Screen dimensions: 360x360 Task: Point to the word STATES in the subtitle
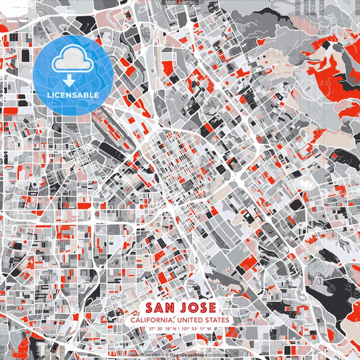[216, 320]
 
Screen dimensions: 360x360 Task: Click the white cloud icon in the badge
[67, 60]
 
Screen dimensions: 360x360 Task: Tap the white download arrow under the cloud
[67, 79]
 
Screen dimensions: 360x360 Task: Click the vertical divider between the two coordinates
[179, 329]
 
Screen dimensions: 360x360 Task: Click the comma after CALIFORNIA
[173, 322]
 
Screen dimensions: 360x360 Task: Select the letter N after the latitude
[174, 329]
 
